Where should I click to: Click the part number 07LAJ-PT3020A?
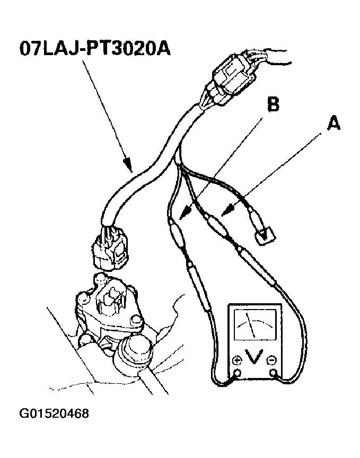click(x=95, y=48)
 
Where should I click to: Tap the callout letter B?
click(x=273, y=104)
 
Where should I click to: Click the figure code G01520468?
click(x=54, y=413)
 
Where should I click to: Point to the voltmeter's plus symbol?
click(x=238, y=361)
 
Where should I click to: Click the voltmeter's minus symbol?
click(x=272, y=360)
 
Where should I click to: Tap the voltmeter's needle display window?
click(x=255, y=325)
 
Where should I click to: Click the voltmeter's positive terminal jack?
click(x=238, y=373)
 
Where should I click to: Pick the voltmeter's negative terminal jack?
click(x=274, y=373)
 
